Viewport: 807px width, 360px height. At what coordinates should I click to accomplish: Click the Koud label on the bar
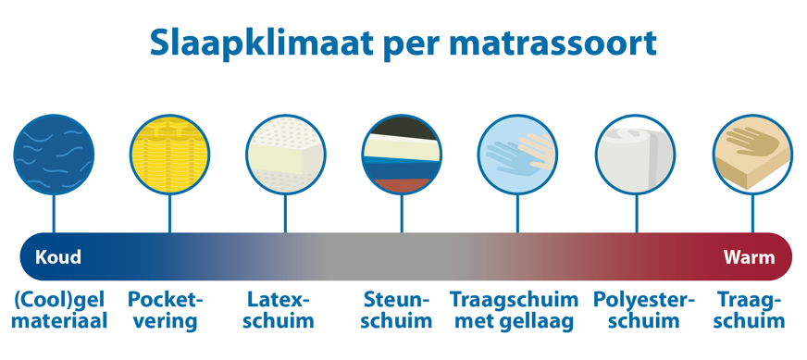(x=58, y=256)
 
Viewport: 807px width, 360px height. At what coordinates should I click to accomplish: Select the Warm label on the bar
(x=749, y=256)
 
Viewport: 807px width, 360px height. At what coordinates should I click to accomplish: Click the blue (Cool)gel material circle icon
(x=54, y=153)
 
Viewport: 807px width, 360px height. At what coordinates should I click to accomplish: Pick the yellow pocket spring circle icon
(x=169, y=153)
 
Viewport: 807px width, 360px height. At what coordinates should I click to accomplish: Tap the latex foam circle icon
(x=285, y=153)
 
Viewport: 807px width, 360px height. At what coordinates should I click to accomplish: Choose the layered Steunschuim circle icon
(x=401, y=153)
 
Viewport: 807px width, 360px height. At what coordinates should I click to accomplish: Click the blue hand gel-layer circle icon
(x=517, y=153)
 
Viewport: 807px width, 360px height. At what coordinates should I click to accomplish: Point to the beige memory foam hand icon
(x=751, y=153)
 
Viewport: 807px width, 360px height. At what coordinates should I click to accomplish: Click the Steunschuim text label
(x=398, y=311)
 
